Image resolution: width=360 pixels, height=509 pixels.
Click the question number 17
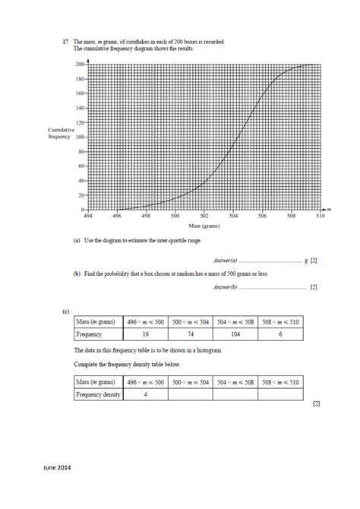tap(65, 42)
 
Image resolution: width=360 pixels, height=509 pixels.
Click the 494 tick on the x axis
tap(88, 217)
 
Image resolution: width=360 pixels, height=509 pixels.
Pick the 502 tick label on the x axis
tap(204, 217)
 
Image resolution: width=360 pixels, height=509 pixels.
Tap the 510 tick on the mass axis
tap(320, 217)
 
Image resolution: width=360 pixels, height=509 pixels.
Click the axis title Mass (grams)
tap(204, 226)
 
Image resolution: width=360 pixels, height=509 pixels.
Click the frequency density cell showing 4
tap(146, 394)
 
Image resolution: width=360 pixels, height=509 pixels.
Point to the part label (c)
tap(67, 311)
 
